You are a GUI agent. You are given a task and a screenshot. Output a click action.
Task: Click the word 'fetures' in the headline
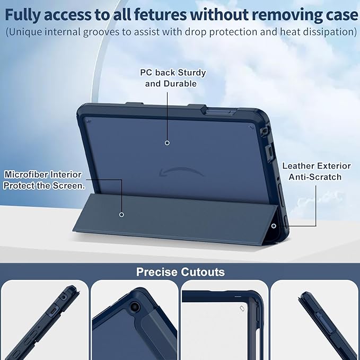pos(160,14)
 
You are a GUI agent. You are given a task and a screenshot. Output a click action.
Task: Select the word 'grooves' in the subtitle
pos(101,32)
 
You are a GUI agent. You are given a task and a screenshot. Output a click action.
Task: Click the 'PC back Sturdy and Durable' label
pos(173,78)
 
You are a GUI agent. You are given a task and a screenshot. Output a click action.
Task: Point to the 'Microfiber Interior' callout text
pos(43,175)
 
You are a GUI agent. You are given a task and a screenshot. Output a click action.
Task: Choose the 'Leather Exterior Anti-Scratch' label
pos(316,171)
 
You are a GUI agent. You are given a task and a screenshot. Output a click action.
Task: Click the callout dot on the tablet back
pos(167,143)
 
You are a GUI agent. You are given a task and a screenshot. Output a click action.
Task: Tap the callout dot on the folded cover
pos(121,214)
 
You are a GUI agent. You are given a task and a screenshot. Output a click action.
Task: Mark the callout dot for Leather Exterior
pos(274,226)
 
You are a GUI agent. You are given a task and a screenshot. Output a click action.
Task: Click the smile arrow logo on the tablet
pos(181,172)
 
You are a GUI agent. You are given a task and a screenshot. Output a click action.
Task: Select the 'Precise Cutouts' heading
pos(180,272)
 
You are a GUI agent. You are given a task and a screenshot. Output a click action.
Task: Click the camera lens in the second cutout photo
pos(135,306)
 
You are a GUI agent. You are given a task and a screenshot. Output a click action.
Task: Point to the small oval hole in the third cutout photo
pos(242,309)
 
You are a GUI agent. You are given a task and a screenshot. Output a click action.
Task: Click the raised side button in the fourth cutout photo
pos(324,321)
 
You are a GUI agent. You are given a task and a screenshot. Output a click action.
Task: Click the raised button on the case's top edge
pos(221,112)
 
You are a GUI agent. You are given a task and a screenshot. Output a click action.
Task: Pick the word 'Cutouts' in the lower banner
pos(203,272)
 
